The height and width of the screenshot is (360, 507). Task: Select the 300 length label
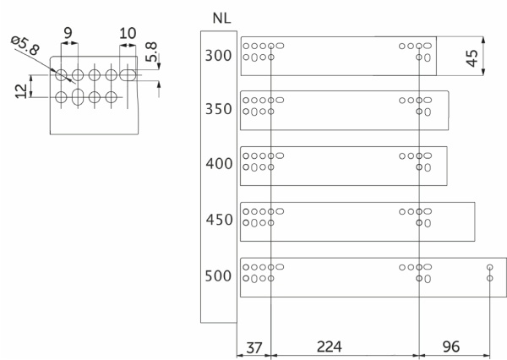click(x=218, y=57)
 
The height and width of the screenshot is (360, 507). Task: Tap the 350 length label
click(x=218, y=111)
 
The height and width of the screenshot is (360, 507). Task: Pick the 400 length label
click(x=218, y=164)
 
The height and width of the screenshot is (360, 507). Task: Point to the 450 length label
click(x=218, y=220)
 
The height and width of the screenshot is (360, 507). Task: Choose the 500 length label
click(x=218, y=275)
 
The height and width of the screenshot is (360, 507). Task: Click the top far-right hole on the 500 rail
click(x=489, y=267)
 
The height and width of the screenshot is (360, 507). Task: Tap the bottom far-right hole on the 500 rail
click(x=489, y=277)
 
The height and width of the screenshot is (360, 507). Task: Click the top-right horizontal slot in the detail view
click(x=128, y=75)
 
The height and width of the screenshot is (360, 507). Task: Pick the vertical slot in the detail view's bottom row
click(x=78, y=97)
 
